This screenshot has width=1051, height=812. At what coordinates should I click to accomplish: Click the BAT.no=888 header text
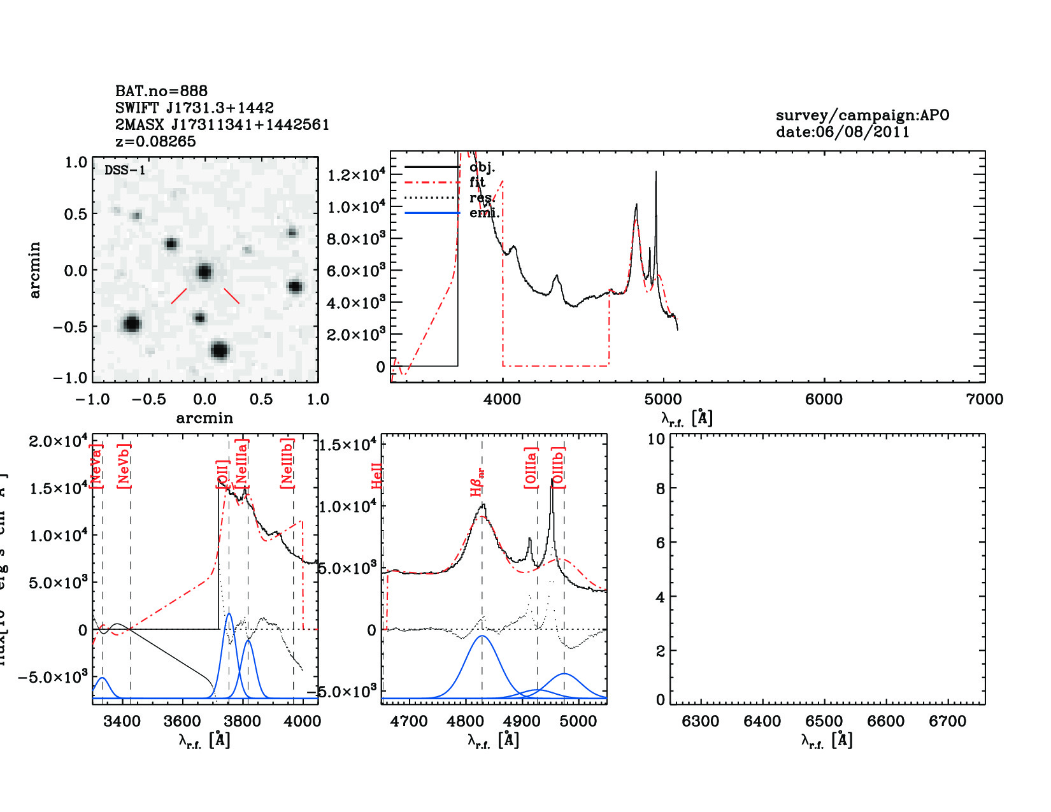click(161, 91)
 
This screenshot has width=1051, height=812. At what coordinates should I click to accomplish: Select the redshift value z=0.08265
click(155, 141)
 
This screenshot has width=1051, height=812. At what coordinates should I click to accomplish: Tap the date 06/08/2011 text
click(843, 132)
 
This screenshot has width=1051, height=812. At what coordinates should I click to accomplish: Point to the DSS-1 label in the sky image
click(125, 170)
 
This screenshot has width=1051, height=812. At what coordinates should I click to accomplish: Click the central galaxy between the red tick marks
click(204, 272)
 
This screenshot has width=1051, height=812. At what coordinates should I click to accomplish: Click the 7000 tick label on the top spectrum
click(984, 399)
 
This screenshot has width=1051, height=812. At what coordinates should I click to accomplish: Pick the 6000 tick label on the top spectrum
click(824, 399)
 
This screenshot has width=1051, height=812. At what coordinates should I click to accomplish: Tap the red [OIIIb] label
click(559, 467)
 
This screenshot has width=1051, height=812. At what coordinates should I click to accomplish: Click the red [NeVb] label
click(124, 466)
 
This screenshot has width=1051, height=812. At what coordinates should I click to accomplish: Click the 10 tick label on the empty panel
click(656, 439)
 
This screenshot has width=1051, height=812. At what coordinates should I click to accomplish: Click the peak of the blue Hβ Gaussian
click(482, 636)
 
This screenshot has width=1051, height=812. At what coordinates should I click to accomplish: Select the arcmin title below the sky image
click(204, 418)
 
